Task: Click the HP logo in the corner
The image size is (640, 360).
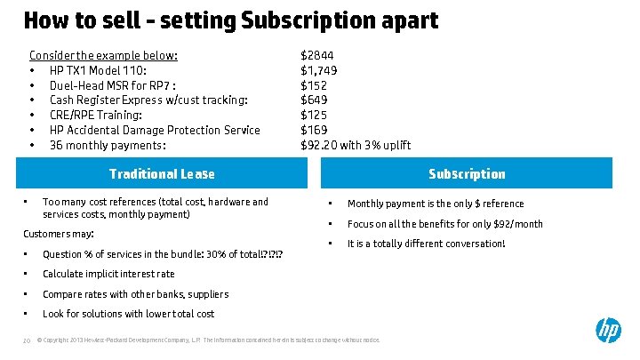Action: click(608, 331)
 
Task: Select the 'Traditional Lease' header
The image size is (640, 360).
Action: click(162, 174)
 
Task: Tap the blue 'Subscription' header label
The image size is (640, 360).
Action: click(467, 174)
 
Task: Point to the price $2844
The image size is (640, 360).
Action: click(317, 55)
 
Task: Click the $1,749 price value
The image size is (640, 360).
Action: click(319, 70)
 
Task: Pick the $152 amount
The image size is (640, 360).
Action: click(314, 85)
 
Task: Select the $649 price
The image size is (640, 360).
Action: click(315, 100)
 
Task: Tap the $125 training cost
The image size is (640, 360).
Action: click(314, 115)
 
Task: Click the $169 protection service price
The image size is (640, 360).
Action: click(314, 130)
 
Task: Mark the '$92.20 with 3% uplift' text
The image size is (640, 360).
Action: click(356, 145)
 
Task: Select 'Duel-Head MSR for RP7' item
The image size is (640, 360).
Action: click(118, 85)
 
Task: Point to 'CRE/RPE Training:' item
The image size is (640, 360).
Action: click(95, 115)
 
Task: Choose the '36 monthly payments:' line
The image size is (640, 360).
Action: click(108, 145)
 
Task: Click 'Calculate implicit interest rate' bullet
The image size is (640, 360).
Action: click(108, 274)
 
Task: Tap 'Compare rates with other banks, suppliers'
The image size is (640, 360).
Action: click(135, 294)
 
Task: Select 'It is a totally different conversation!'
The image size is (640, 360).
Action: click(426, 244)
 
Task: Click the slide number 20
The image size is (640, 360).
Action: click(27, 340)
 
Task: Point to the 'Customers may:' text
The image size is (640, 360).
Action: click(58, 234)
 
